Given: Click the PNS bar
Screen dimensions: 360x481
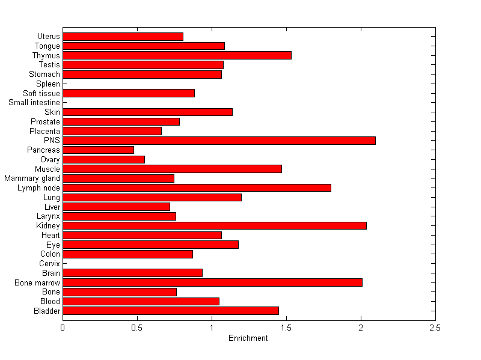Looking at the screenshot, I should [219, 141].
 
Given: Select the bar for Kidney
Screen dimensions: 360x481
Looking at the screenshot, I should [215, 225].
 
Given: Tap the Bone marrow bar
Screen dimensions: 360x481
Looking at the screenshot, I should [212, 282].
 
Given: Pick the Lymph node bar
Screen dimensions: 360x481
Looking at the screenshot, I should [197, 188].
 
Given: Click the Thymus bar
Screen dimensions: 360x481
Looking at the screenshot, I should [177, 55].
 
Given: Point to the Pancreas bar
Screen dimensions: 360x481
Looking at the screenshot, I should [98, 150].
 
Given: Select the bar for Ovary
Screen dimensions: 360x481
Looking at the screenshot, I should [103, 159].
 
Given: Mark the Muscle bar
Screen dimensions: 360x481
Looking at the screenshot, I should [172, 169].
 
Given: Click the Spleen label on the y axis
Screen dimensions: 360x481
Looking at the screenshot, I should [48, 84].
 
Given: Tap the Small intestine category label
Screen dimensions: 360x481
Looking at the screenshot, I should [34, 103].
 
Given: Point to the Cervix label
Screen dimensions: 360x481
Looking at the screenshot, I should [49, 263].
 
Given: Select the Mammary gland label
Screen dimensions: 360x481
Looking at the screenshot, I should [32, 178].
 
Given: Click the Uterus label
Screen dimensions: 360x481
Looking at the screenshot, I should [48, 37].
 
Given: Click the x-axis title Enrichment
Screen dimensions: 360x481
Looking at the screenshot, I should [248, 338].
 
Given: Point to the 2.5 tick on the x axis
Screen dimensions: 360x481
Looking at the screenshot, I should [435, 328].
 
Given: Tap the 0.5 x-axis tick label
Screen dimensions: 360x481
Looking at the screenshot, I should [137, 328].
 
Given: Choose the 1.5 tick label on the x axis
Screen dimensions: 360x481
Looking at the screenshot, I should [286, 328].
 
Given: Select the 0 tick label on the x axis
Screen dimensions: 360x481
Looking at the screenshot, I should [63, 328].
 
